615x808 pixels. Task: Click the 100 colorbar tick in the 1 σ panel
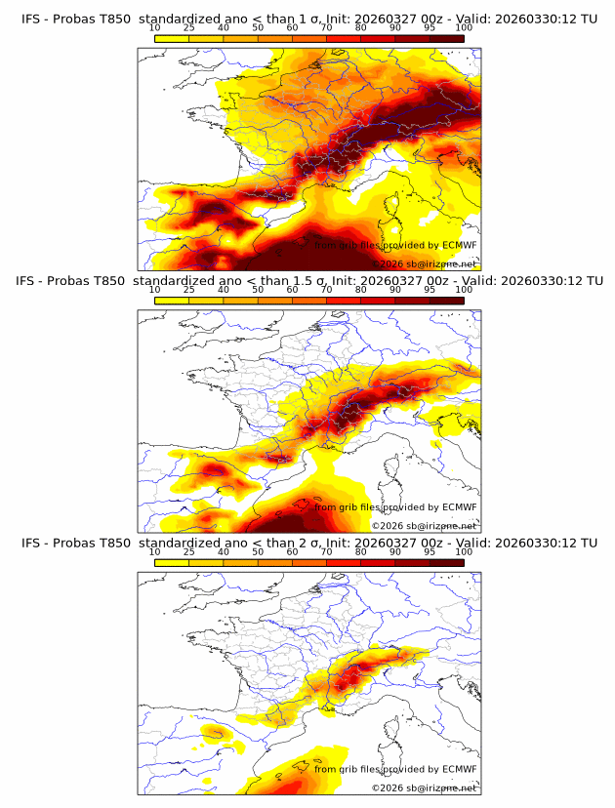click(x=464, y=27)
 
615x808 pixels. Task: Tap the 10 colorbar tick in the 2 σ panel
click(x=155, y=552)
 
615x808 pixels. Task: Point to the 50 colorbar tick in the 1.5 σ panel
click(x=258, y=290)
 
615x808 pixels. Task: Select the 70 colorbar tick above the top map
click(x=326, y=27)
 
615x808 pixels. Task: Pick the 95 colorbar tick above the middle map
click(x=430, y=290)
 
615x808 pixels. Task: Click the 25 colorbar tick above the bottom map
click(x=189, y=552)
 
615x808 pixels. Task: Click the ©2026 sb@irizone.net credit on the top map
click(x=424, y=264)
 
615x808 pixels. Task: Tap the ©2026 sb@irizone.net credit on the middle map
click(x=424, y=526)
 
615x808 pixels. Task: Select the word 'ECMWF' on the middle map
click(x=460, y=507)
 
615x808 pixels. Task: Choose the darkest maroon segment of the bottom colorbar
click(x=446, y=562)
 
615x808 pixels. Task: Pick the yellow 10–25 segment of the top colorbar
click(x=172, y=37)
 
